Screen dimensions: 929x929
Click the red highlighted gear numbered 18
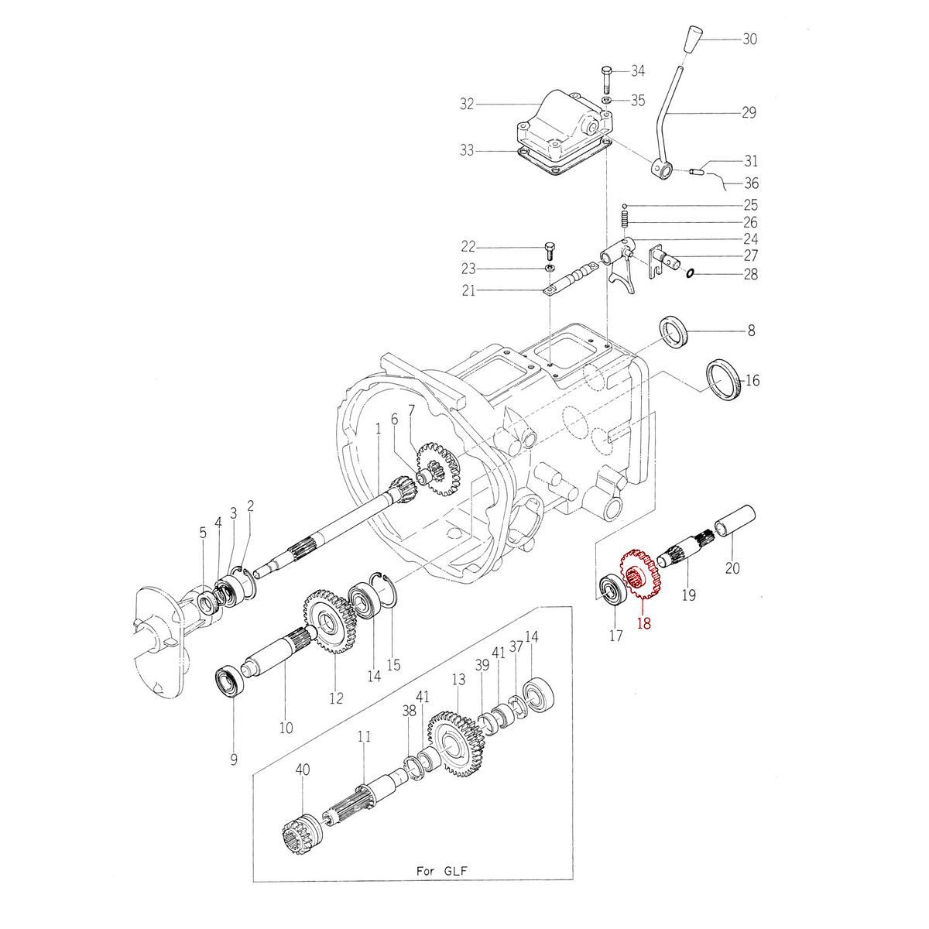tap(639, 578)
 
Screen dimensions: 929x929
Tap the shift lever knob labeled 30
tap(694, 39)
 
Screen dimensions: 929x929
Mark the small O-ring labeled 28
tap(690, 272)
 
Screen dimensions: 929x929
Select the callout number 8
tap(750, 331)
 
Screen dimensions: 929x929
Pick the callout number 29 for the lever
tap(748, 113)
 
